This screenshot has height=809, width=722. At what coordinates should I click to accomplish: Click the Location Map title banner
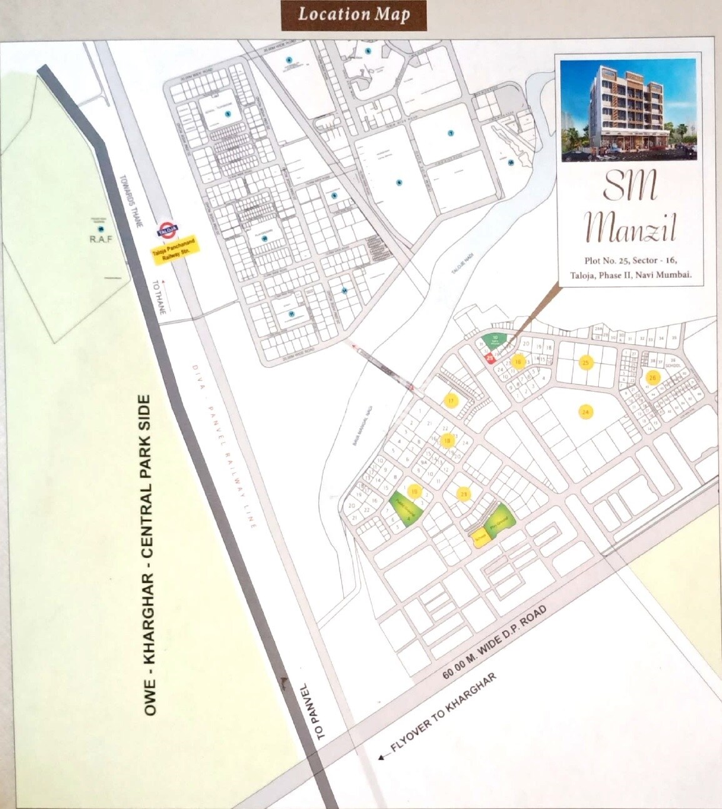point(354,15)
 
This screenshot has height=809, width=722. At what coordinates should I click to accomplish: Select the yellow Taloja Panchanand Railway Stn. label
point(177,250)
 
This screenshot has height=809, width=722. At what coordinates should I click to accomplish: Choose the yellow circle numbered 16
point(518,362)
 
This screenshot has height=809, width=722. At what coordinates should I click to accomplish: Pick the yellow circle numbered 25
point(586,362)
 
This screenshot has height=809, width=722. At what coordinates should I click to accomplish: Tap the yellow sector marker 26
point(653,377)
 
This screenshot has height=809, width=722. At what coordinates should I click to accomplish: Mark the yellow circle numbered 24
point(586,412)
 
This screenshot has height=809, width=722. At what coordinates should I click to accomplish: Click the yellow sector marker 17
point(451,400)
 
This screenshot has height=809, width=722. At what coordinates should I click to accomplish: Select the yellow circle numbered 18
point(446,440)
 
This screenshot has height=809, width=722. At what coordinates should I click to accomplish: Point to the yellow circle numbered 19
point(414,491)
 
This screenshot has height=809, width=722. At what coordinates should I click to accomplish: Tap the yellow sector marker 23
point(463,494)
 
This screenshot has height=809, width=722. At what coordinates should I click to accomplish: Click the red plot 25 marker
point(489,358)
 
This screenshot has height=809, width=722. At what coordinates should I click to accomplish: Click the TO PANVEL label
point(321,711)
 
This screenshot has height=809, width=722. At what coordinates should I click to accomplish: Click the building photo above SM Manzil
point(628,110)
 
